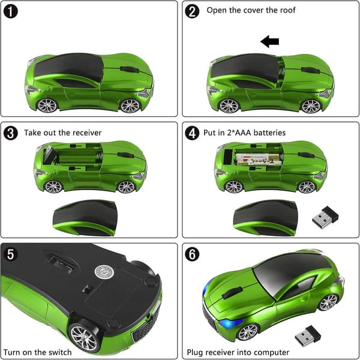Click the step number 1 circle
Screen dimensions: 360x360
click(x=11, y=11)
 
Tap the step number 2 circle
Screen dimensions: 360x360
click(x=192, y=11)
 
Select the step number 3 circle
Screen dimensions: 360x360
click(x=11, y=133)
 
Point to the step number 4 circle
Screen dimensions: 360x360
click(x=192, y=133)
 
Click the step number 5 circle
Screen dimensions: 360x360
click(x=11, y=254)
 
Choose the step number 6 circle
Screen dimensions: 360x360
click(x=192, y=254)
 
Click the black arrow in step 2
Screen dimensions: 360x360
click(x=270, y=41)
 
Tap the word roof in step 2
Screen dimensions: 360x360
click(x=287, y=10)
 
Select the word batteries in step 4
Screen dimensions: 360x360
click(x=269, y=133)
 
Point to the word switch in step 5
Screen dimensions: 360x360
click(x=59, y=352)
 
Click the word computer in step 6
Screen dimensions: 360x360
click(x=272, y=352)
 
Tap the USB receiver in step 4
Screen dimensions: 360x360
click(x=325, y=217)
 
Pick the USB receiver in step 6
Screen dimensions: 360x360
click(x=308, y=336)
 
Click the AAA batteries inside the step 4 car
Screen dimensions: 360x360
click(x=258, y=160)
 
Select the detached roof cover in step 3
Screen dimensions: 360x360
click(x=85, y=218)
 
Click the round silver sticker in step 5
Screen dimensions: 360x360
click(x=104, y=272)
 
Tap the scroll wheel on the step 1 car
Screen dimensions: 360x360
click(x=130, y=70)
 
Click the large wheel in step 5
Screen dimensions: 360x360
click(x=84, y=338)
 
